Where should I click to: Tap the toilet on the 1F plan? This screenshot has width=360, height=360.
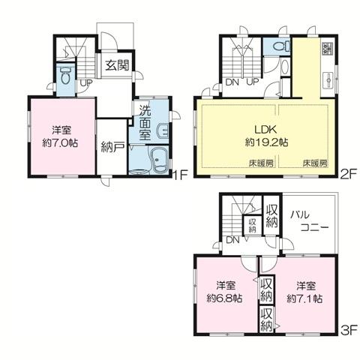[x=66, y=76]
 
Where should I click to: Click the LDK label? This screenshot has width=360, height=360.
[x=259, y=127]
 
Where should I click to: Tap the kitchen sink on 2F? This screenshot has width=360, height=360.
[x=326, y=79]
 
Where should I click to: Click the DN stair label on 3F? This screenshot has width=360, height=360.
[x=233, y=240]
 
